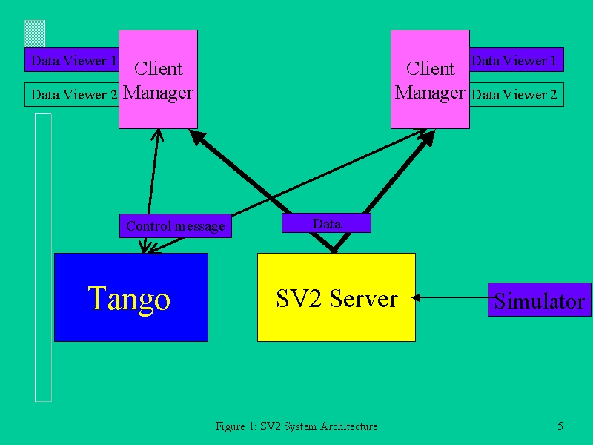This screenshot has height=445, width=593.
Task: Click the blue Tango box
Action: click(x=131, y=297)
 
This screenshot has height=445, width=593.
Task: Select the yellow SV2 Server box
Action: click(x=337, y=297)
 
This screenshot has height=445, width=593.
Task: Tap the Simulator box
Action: click(x=540, y=300)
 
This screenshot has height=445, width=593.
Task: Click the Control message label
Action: click(x=176, y=226)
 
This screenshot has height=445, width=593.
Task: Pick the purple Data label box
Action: click(x=326, y=223)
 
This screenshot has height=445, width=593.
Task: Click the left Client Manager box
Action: click(x=158, y=79)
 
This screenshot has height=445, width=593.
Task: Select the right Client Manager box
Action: click(x=430, y=79)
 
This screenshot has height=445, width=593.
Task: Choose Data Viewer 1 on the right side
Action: click(x=517, y=60)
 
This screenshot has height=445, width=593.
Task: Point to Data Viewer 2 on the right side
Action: click(x=517, y=95)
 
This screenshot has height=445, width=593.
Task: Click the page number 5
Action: click(x=560, y=426)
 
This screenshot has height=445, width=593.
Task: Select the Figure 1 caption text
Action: click(x=296, y=426)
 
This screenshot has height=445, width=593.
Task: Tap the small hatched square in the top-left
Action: click(x=35, y=34)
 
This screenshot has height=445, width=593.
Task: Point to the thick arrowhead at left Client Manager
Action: click(x=197, y=137)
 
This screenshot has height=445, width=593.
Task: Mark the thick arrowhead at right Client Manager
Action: click(x=426, y=138)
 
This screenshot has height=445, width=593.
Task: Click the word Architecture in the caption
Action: click(x=348, y=426)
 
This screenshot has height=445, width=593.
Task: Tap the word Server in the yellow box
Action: click(x=363, y=299)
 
